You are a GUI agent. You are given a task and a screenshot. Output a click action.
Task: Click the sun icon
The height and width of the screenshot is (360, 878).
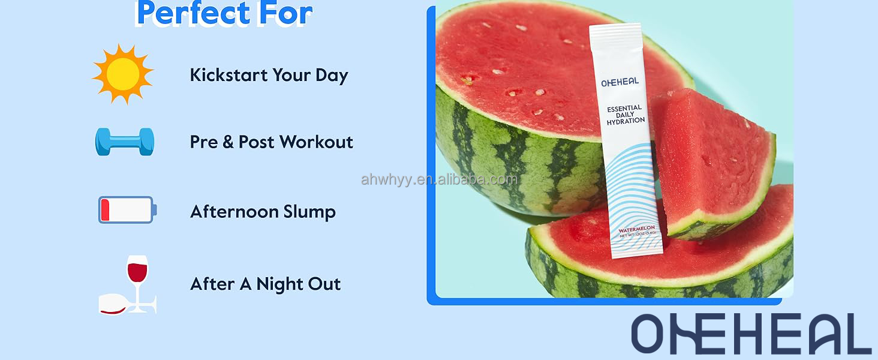click(123, 73)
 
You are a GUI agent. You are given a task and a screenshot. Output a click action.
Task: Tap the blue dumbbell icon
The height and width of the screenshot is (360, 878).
click(125, 142)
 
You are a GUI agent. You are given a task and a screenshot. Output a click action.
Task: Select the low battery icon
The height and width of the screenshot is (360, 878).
click(127, 210)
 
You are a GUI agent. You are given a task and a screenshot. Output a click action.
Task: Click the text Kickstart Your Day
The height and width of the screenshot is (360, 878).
click(269, 75)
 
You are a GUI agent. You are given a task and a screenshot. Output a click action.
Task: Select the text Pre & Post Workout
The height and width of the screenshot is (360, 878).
click(271, 142)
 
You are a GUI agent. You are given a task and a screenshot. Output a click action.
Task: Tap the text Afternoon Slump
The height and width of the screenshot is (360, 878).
click(263, 212)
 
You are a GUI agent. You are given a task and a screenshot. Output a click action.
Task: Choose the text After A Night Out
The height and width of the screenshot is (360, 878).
click(265, 284)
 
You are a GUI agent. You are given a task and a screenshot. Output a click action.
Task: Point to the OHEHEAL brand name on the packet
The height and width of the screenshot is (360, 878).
click(620, 82)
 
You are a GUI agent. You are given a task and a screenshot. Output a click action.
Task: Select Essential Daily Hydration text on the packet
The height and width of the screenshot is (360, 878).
click(625, 115)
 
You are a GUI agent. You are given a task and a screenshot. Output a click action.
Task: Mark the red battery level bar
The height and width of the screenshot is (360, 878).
click(106, 210)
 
